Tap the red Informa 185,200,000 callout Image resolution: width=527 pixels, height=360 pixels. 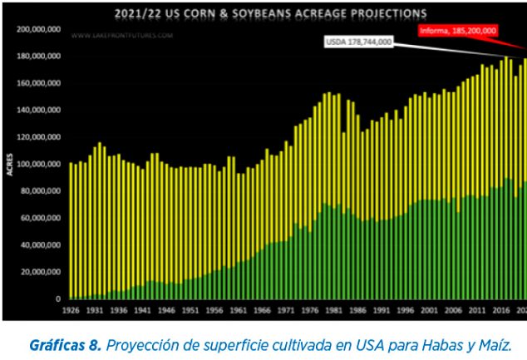tap(457, 31)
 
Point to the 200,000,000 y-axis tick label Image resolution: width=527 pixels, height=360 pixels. tap(38, 29)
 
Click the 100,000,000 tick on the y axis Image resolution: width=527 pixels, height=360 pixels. tap(38, 164)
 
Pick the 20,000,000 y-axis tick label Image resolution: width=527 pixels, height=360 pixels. tap(41, 272)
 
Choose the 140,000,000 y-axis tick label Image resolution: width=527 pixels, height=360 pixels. tap(38, 110)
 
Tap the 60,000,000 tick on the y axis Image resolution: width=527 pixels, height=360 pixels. tap(41, 218)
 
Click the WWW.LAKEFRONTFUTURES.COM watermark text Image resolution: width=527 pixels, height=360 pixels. tap(121, 37)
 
